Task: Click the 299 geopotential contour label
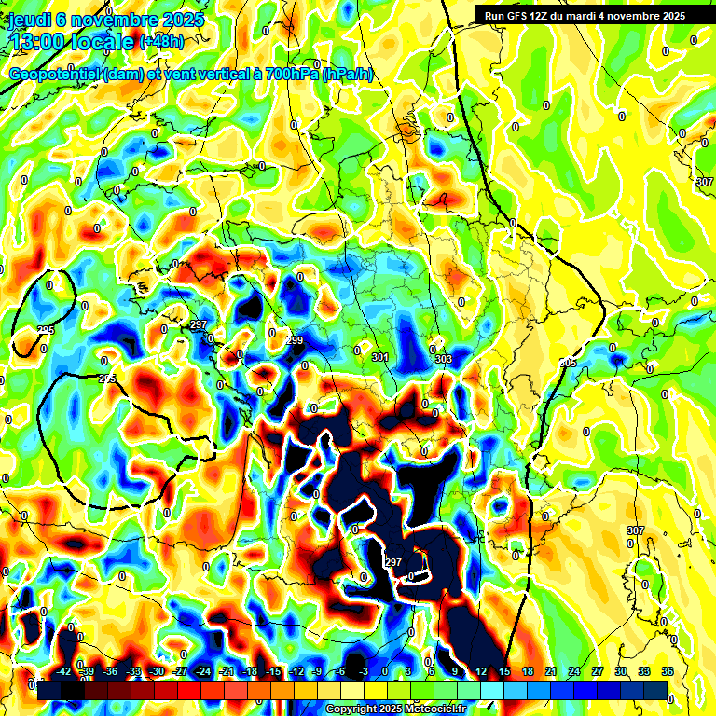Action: [295, 341]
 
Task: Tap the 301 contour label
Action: [379, 358]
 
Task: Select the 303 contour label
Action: [444, 360]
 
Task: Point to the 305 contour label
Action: [568, 363]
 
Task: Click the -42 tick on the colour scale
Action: [64, 671]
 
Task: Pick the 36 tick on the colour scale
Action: [667, 671]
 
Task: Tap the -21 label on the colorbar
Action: [226, 671]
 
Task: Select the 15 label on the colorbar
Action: [504, 671]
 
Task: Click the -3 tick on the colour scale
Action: [364, 671]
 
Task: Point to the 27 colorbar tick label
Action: [597, 671]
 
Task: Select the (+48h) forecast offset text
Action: [162, 42]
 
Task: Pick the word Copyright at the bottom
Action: [351, 709]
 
